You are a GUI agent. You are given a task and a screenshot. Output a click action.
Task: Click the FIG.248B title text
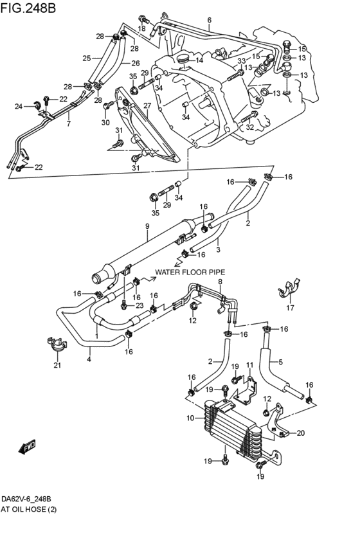point(28,7)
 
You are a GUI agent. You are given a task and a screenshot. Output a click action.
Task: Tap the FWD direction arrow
point(27,447)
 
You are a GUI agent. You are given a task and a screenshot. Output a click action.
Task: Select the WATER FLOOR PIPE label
point(190,272)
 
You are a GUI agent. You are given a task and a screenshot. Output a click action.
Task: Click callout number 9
point(147,226)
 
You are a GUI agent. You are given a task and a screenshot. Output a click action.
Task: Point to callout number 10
point(190,418)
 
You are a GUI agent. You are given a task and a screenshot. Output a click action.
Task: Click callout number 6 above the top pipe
point(210,20)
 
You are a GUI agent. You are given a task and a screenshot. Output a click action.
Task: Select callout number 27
point(147,105)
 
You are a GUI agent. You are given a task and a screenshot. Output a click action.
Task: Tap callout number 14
point(199,60)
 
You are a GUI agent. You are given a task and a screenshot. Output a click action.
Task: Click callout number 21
point(57,365)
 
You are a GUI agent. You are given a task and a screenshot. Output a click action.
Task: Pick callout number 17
point(290,308)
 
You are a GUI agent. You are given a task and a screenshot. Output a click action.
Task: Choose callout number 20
point(301,433)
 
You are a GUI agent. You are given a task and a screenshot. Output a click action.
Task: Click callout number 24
point(19,107)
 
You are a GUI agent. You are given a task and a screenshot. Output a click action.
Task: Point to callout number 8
point(220,282)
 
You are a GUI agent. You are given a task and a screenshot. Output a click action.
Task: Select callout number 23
point(139,305)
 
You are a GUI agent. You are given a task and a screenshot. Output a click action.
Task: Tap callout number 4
point(89,359)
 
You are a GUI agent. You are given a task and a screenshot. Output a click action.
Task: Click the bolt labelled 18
point(143,19)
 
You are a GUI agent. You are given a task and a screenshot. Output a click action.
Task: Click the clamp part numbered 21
point(57,344)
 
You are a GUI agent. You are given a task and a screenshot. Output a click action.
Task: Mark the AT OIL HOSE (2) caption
point(28,510)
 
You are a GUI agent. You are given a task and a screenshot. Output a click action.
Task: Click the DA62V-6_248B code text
point(28,499)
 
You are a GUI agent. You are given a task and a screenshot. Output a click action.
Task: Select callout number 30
point(105,122)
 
